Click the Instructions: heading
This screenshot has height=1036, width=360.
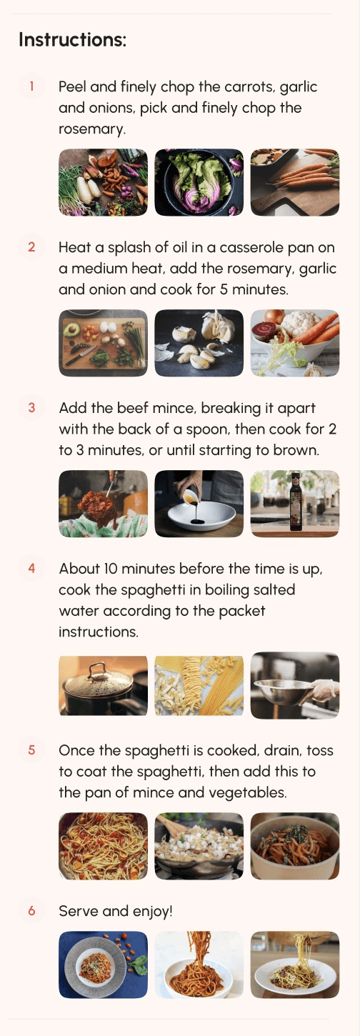72,39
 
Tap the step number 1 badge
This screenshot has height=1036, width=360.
31,86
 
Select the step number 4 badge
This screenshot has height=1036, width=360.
31,569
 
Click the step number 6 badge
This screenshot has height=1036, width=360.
31,911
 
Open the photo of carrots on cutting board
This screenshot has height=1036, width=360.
294,182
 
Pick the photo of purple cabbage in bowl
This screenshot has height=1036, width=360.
199,182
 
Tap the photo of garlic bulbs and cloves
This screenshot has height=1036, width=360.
199,343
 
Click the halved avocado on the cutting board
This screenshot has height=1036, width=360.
71,329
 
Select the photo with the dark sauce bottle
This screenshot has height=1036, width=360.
294,504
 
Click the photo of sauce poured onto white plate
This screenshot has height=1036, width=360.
199,504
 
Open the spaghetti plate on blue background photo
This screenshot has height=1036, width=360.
103,965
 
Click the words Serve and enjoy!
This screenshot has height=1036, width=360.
116,911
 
